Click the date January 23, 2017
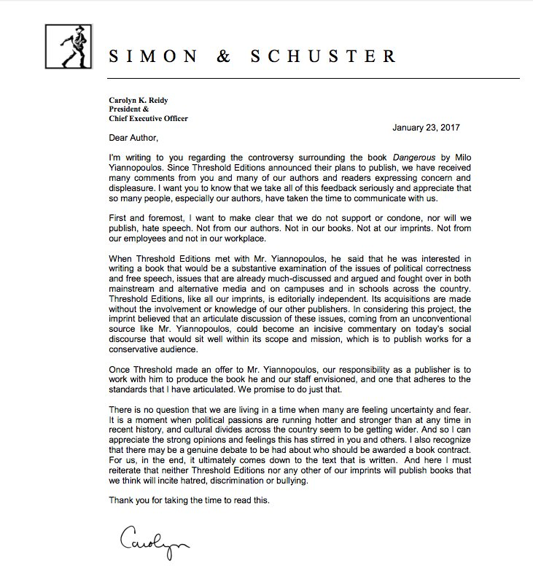point(426,128)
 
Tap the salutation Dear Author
point(133,139)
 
